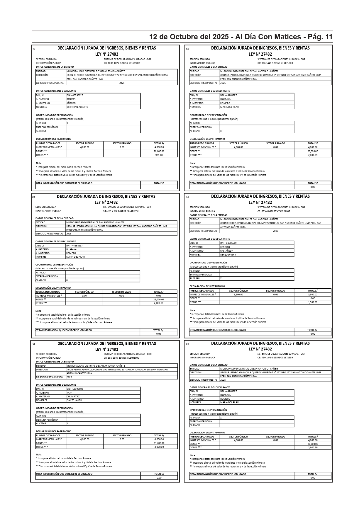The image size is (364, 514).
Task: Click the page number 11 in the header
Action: click(328, 37)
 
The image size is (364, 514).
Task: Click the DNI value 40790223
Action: click(75, 95)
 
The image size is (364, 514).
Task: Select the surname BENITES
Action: click(71, 99)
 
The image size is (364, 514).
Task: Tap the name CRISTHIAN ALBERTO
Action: click(77, 107)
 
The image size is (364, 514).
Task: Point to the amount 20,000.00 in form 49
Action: click(159, 151)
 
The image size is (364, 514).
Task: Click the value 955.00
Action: click(159, 155)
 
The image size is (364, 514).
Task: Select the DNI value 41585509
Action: click(228, 243)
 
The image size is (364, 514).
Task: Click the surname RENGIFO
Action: click(225, 247)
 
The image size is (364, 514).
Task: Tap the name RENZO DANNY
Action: click(228, 255)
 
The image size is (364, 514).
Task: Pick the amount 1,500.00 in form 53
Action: click(313, 302)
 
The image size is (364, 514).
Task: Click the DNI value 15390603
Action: click(75, 389)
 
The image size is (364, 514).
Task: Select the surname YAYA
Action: click(69, 393)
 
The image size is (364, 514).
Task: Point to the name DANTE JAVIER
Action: click(74, 400)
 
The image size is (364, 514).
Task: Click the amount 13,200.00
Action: click(159, 443)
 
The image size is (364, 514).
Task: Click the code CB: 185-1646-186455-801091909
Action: click(121, 358)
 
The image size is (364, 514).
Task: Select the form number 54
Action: click(187, 344)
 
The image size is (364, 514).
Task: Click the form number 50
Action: click(33, 197)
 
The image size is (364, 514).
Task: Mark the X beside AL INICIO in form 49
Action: click(67, 123)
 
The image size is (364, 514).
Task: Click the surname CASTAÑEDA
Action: click(227, 251)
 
